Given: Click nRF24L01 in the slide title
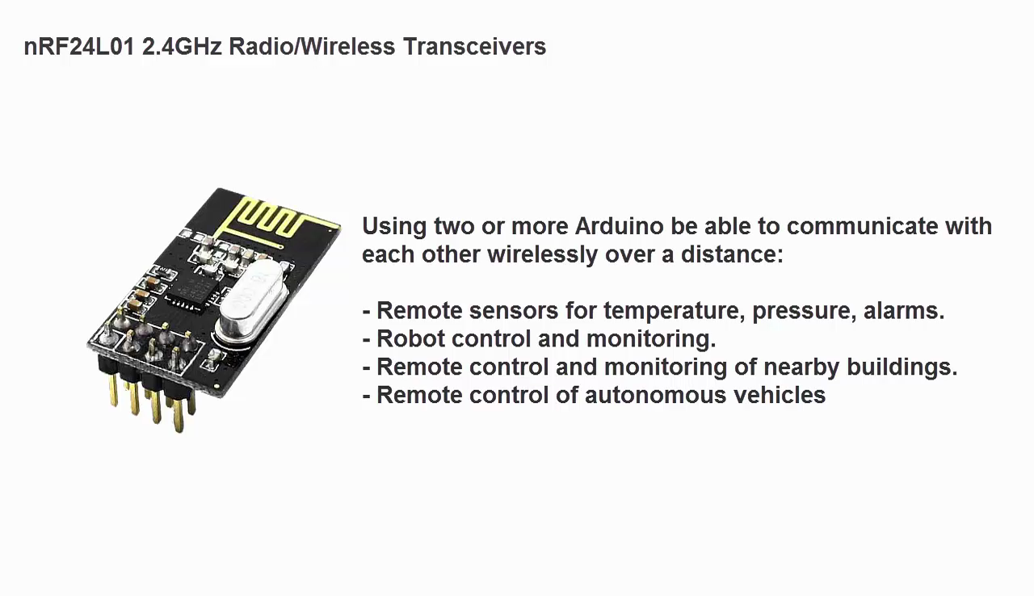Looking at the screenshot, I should click(79, 47).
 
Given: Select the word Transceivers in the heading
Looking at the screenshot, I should click(474, 47).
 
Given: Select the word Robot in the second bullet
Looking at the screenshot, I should click(410, 338).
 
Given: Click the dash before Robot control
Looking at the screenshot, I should click(367, 339).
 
